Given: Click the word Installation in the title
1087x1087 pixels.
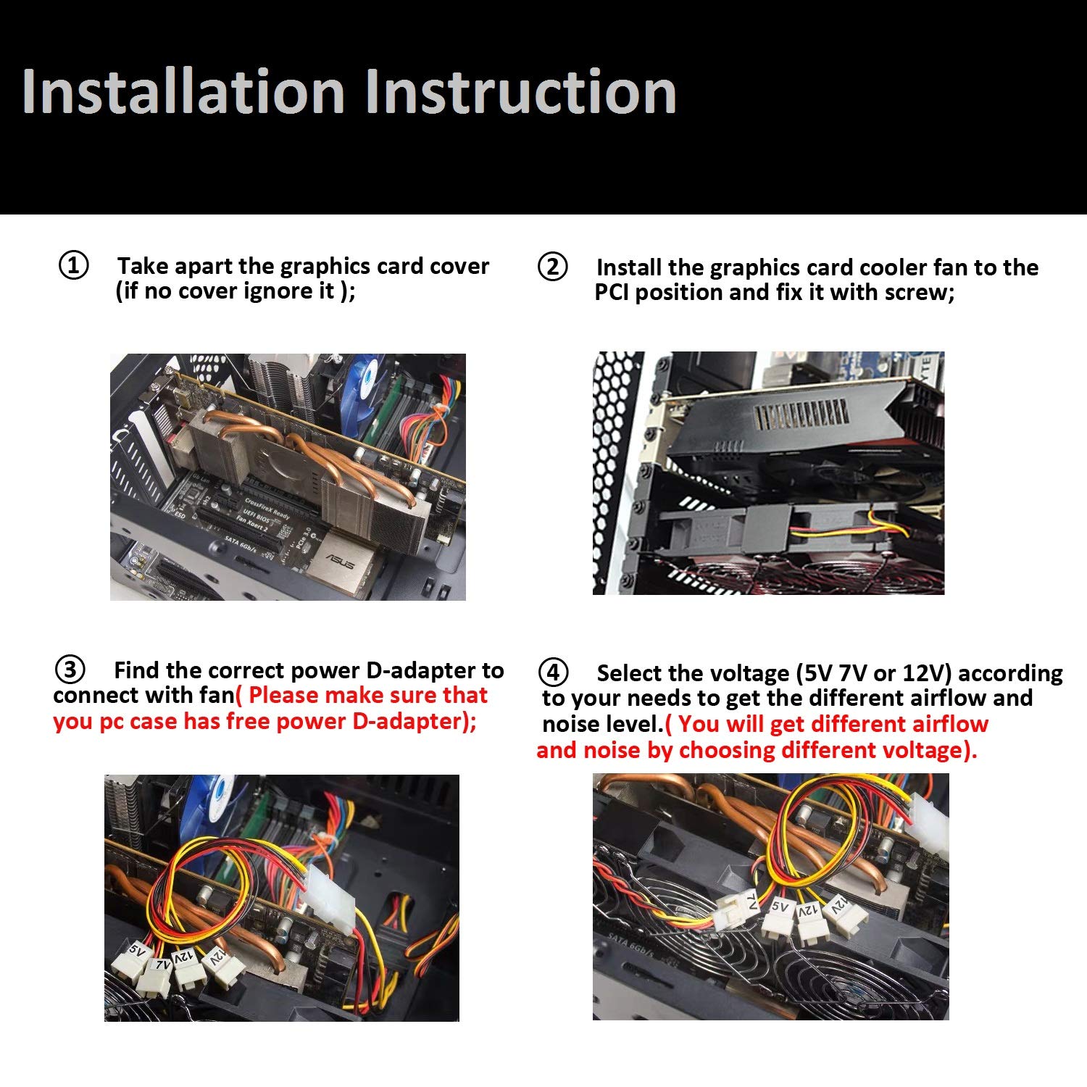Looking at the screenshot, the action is click(183, 91).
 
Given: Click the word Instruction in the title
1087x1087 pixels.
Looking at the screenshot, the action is click(520, 91).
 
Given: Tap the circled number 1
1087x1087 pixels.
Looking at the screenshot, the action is click(73, 266).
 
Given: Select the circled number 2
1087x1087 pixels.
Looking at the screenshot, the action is click(553, 267).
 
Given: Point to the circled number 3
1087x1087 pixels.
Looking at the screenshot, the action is click(70, 670).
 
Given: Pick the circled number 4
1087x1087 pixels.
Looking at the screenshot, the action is click(554, 672).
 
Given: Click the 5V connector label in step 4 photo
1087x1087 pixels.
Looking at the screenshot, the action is click(780, 906).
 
